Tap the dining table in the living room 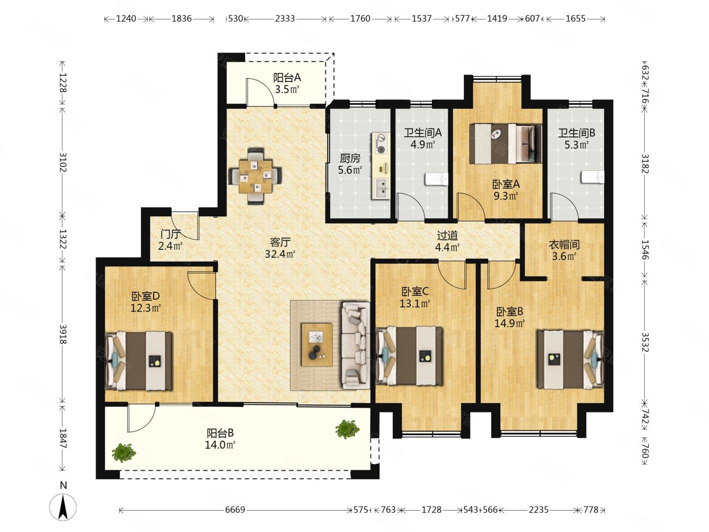(255, 175)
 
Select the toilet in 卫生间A (436, 179)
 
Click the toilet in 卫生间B (592, 177)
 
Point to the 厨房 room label (350, 158)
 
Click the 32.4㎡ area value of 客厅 (280, 254)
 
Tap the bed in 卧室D (139, 360)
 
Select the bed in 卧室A (505, 143)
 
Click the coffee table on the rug (317, 345)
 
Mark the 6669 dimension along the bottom (235, 510)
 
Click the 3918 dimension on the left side (63, 334)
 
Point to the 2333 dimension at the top (285, 19)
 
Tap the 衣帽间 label (564, 244)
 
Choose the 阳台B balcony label (220, 433)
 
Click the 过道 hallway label (447, 235)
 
